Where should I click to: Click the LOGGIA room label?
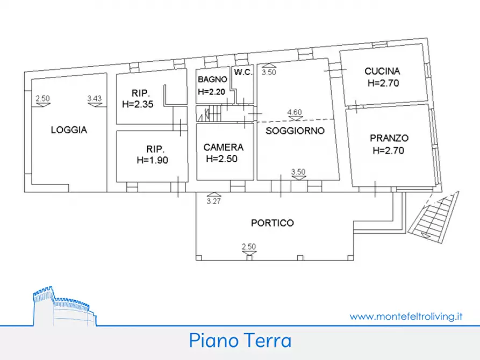click(69, 129)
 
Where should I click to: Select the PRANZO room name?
click(389, 138)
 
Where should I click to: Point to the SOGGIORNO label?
click(295, 131)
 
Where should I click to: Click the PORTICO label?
click(273, 222)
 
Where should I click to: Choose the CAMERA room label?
click(223, 147)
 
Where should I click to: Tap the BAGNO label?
click(211, 79)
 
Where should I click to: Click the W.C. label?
click(242, 71)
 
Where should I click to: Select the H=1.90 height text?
click(153, 160)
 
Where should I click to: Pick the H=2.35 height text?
click(138, 105)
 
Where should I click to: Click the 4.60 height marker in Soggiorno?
click(295, 112)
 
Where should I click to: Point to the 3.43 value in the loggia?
click(95, 98)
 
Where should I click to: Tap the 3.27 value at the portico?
click(214, 201)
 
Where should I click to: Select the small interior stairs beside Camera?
click(210, 113)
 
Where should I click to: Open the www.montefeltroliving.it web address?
click(406, 316)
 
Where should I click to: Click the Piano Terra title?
click(240, 341)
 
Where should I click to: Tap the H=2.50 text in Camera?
click(221, 159)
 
